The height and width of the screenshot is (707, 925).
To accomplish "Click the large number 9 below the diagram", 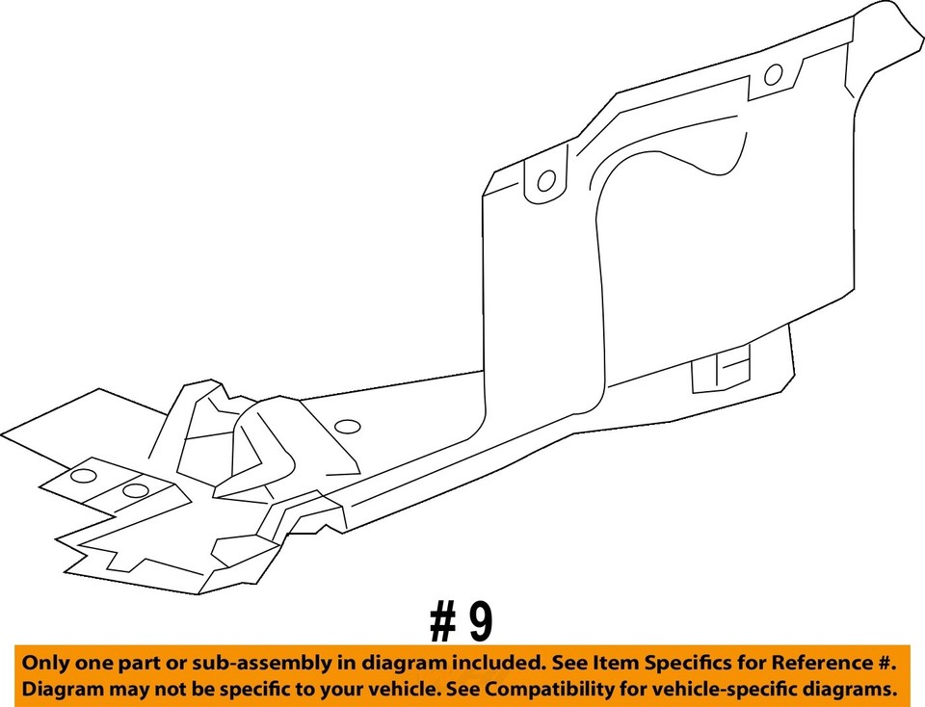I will coord(479,623).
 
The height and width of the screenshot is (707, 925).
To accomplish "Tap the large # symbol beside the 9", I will coord(443,623).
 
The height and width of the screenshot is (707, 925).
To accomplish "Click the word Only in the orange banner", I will coord(45,664).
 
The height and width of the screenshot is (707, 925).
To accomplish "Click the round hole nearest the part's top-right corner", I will coord(773,75).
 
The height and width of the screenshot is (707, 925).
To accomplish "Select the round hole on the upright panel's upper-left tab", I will coord(545,180).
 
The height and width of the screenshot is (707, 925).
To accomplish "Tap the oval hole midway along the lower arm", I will coord(346,426).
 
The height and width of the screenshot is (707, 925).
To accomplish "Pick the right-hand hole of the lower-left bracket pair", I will coord(136,490).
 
